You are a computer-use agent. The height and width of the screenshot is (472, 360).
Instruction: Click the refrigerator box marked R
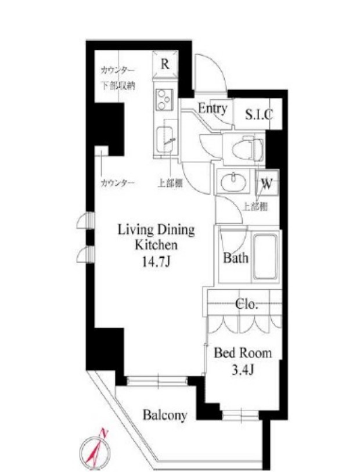tap(165, 64)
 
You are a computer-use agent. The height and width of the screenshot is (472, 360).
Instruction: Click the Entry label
tap(213, 108)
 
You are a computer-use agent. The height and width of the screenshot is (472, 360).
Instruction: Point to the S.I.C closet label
tap(258, 114)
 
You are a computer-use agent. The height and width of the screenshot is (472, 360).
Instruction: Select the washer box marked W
tap(267, 183)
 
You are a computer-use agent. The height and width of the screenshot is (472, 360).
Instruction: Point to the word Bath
tap(236, 257)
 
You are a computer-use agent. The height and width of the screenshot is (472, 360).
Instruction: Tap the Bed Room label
tap(243, 352)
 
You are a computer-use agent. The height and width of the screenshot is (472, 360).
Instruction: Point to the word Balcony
tap(165, 415)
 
